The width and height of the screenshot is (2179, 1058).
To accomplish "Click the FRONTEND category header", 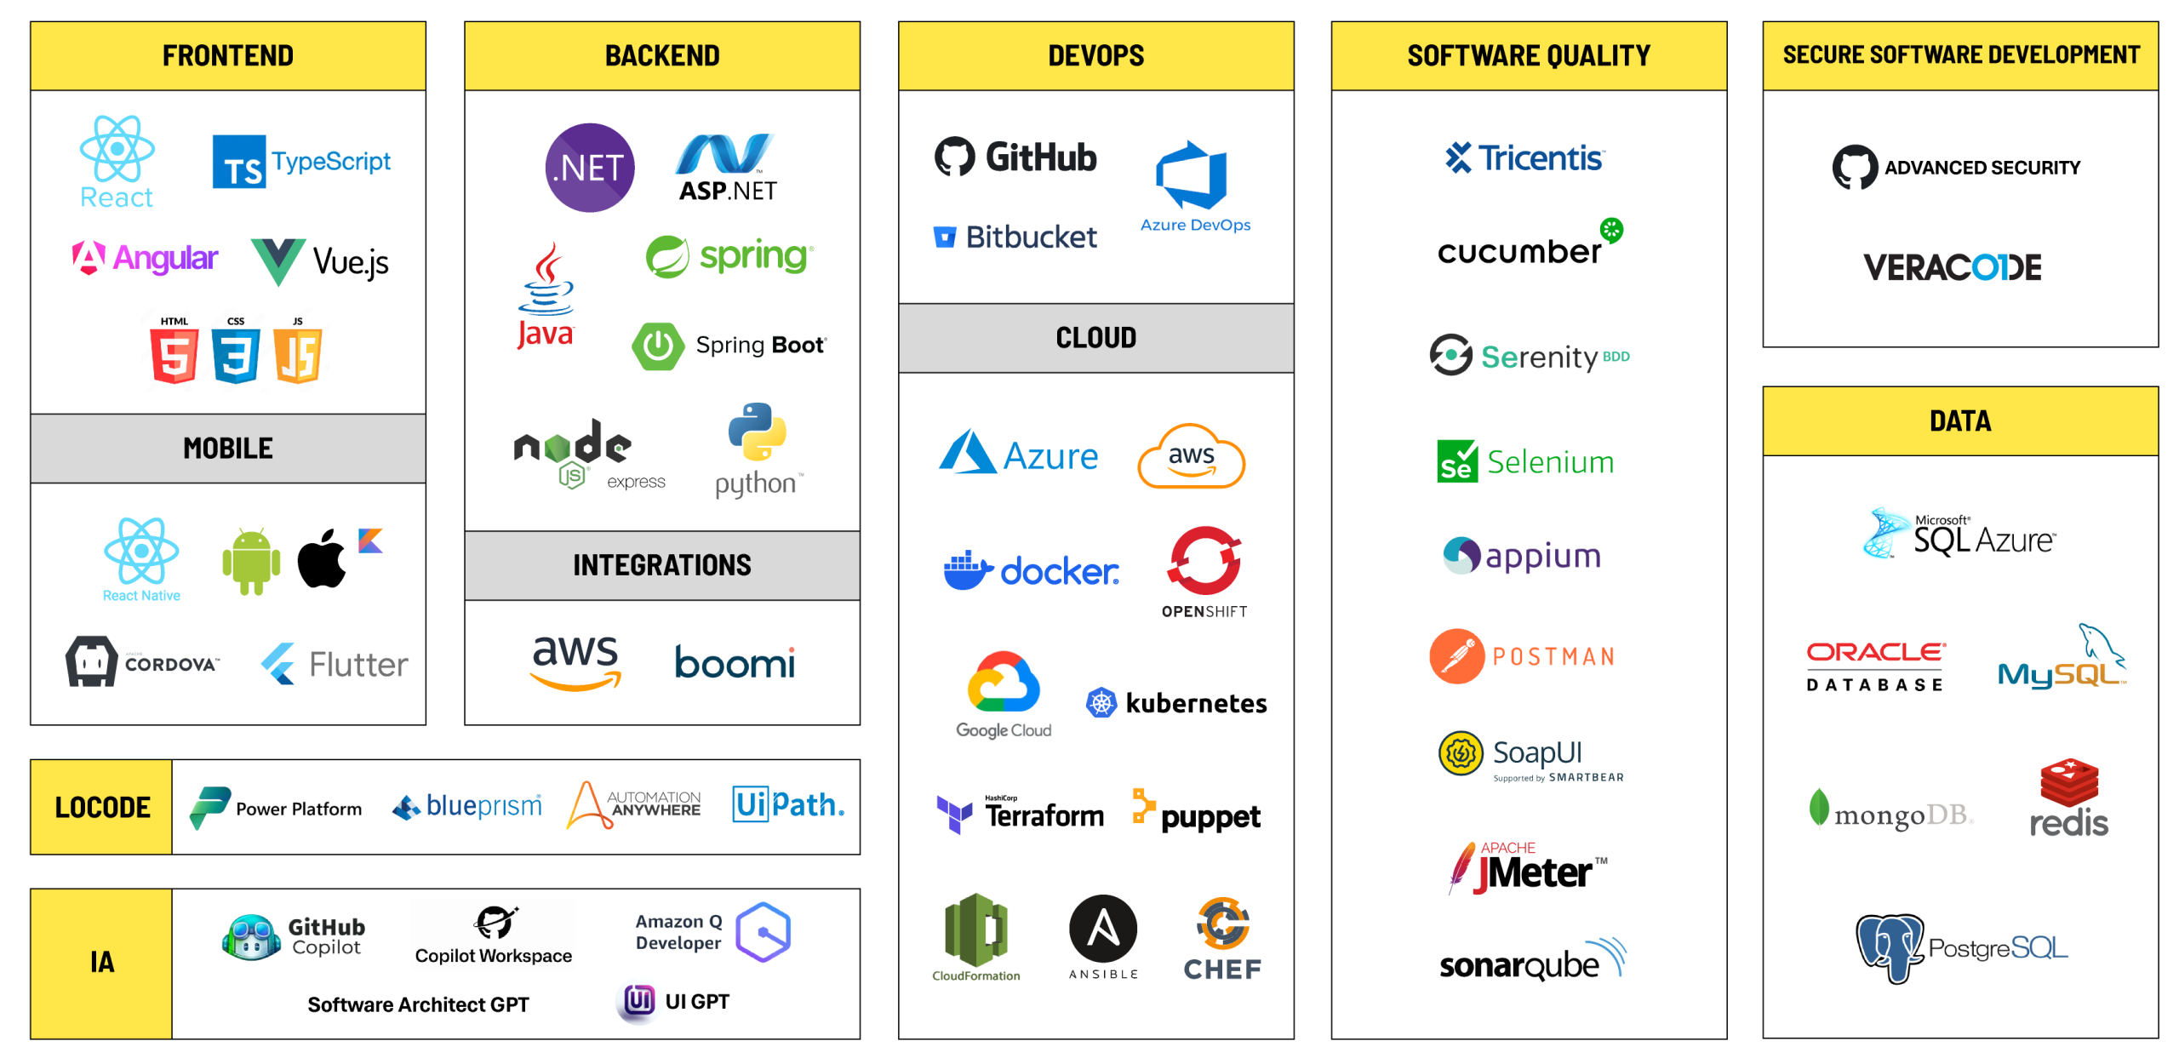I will click(x=228, y=56).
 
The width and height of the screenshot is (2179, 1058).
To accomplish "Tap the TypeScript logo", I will click(x=302, y=161).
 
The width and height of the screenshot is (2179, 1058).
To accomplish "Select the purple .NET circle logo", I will click(x=589, y=168).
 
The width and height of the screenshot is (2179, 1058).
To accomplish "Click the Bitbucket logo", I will click(x=1015, y=237).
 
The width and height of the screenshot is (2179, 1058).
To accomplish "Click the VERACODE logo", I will click(x=1951, y=267).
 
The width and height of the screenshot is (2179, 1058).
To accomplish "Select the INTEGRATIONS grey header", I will click(x=662, y=565).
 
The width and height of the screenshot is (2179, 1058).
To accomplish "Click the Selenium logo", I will click(x=1525, y=462).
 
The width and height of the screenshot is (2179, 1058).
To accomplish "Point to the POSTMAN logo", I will click(x=1522, y=656).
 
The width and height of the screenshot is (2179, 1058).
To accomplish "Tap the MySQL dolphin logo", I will click(x=2062, y=660).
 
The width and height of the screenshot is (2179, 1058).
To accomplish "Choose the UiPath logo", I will click(x=788, y=804).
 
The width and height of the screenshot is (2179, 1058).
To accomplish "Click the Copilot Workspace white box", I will click(x=494, y=934).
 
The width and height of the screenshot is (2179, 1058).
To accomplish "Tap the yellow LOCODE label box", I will click(x=101, y=807).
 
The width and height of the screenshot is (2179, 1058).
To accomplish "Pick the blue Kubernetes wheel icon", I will click(x=1101, y=703).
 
